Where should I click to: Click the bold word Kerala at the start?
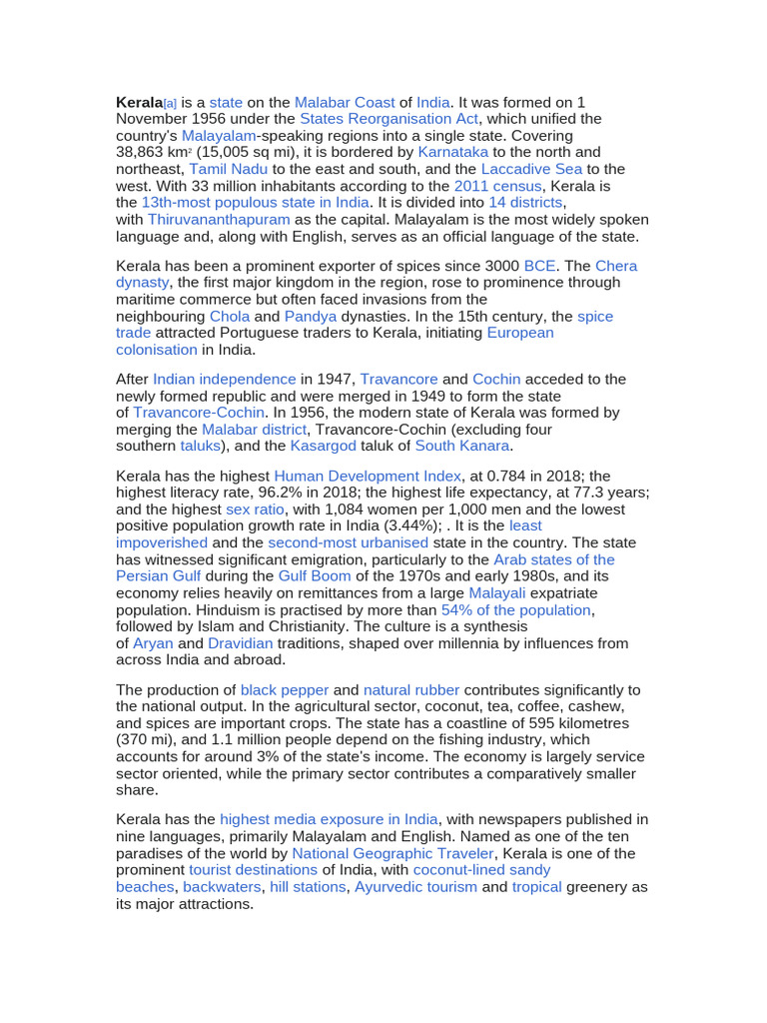click(x=139, y=102)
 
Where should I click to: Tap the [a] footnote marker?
click(x=170, y=103)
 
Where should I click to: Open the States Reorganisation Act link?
click(x=388, y=119)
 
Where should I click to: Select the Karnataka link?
click(x=453, y=153)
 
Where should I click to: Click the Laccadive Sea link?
click(x=531, y=169)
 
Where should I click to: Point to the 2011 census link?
click(x=497, y=186)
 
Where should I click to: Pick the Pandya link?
click(x=311, y=317)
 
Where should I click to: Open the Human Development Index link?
click(x=368, y=477)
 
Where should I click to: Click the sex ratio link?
click(x=255, y=510)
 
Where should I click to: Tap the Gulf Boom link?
click(x=315, y=576)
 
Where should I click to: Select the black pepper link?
click(x=284, y=690)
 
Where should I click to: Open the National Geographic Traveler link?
click(x=392, y=854)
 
